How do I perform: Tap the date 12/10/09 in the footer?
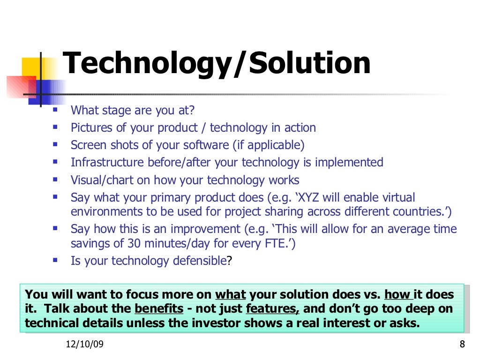pos(85,345)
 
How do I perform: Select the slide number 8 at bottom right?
pos(462,345)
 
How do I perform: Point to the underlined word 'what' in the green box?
pos(230,295)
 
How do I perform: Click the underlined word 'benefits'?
pos(158,309)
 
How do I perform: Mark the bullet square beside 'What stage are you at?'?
pos(56,110)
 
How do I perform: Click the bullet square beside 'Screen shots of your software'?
pos(56,144)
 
